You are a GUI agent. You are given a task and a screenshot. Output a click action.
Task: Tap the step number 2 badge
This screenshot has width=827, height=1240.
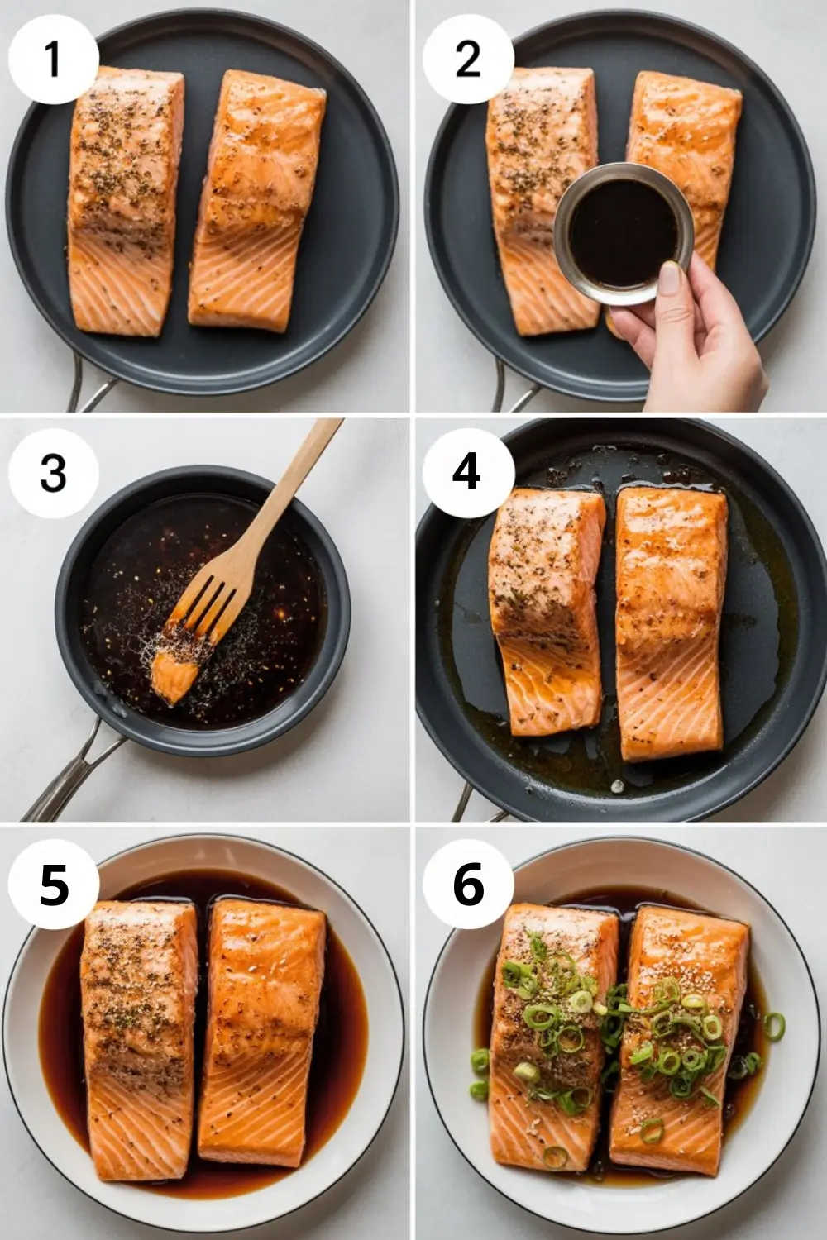point(467,60)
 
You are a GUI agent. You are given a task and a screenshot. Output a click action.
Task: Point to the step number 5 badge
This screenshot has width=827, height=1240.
point(54,886)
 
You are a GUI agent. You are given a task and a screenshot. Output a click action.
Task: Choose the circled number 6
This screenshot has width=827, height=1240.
point(467,886)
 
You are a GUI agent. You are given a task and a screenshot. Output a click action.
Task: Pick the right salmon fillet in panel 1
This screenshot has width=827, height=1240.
point(256,198)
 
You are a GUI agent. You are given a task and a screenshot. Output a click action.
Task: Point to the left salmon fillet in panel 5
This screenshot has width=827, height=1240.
point(139,1025)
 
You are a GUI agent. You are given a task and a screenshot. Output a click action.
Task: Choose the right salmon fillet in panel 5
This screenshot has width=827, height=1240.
point(263,1025)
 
